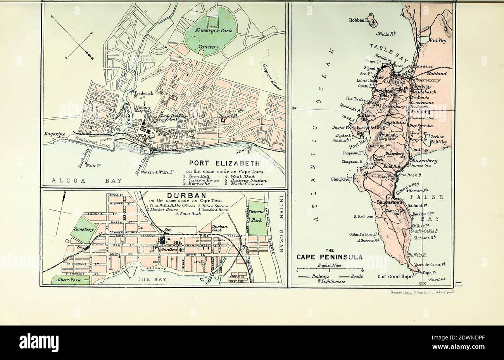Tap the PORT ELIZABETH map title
224,164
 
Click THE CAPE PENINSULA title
330,256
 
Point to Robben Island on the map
373,19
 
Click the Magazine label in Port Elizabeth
54,134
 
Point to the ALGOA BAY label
86,181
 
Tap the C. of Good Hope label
395,277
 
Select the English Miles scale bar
330,269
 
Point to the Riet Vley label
438,40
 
